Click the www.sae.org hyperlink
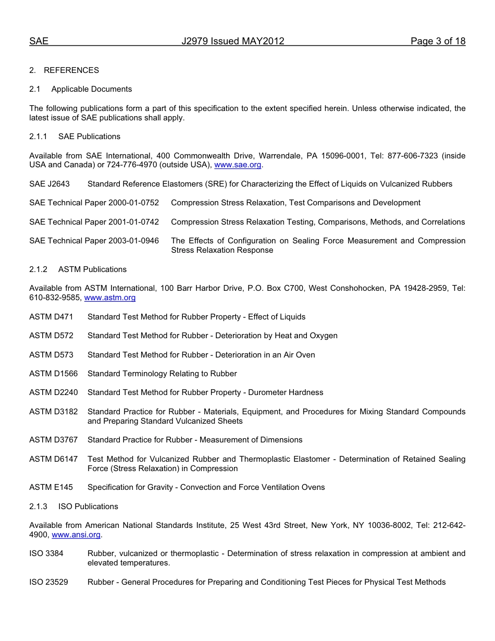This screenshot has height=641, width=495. (x=238, y=165)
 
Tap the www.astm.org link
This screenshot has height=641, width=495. (x=110, y=298)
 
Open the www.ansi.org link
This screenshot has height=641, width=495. (x=76, y=535)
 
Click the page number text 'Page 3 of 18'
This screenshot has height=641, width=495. (x=438, y=42)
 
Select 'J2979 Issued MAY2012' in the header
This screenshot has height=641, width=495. (x=233, y=42)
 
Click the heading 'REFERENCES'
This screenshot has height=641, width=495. (x=71, y=70)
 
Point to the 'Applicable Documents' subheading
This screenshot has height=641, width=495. (x=92, y=89)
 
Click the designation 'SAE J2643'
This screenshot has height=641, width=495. (x=49, y=184)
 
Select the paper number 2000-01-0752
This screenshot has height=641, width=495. (x=133, y=203)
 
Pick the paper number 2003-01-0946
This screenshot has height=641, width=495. (x=133, y=241)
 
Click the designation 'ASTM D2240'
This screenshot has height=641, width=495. (x=54, y=392)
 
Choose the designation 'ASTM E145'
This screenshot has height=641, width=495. (x=51, y=487)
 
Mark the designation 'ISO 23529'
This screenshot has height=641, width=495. (x=48, y=582)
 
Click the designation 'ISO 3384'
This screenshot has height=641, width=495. (x=46, y=553)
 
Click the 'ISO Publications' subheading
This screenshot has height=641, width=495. (x=88, y=507)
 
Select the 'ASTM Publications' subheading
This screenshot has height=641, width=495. (x=92, y=269)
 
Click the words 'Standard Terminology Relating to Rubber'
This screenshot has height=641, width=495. (x=162, y=374)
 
